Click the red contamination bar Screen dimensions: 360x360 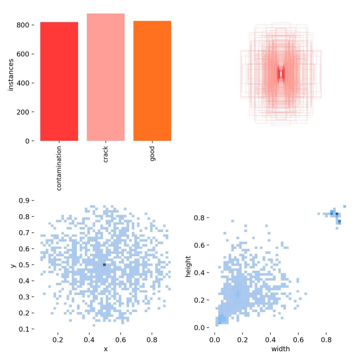point(59,81)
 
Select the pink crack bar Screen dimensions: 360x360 point(105,77)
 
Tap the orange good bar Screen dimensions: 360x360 point(152,81)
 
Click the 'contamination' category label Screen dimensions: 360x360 point(59,168)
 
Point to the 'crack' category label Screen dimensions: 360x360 point(105,154)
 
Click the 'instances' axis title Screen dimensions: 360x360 point(11,75)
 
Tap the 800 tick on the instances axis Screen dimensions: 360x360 point(24,25)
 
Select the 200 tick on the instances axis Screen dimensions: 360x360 point(24,112)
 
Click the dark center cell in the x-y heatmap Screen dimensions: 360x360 point(104,264)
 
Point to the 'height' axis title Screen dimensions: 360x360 point(189,266)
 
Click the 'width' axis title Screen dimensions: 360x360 point(280,349)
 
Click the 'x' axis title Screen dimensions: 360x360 point(105,349)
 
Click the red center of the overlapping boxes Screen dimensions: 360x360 point(281,74)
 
